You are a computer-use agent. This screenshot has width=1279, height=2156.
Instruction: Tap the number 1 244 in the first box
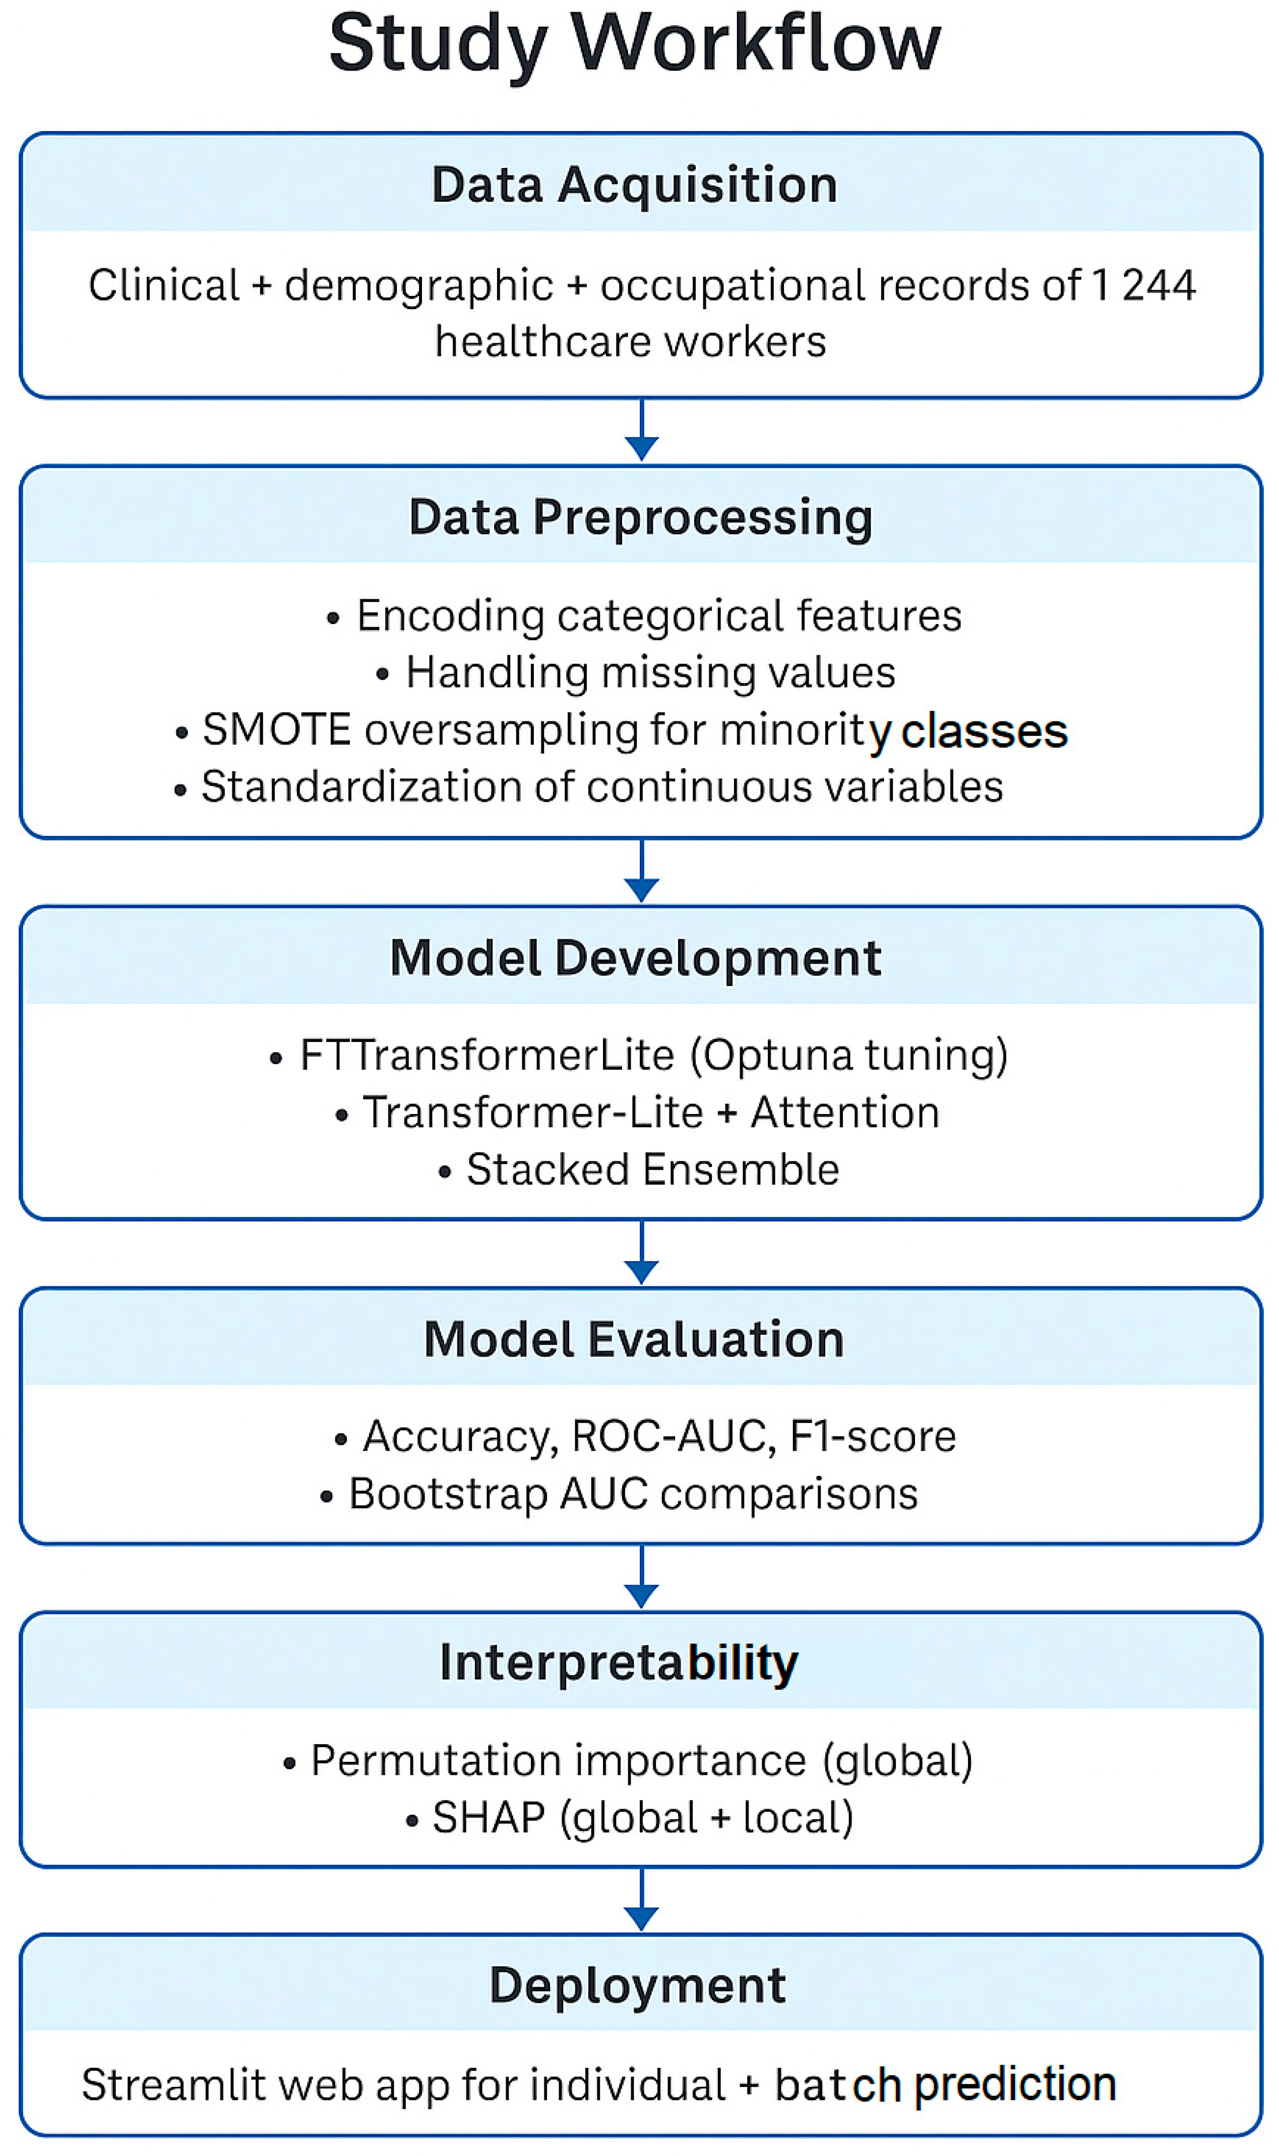tap(1144, 285)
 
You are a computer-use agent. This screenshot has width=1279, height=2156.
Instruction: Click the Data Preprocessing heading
tap(640, 518)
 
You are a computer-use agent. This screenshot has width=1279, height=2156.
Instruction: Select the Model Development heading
tap(635, 958)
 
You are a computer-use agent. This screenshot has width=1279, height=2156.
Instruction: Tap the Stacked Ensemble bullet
tap(639, 1170)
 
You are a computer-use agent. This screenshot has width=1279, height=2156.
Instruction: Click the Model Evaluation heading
tap(634, 1340)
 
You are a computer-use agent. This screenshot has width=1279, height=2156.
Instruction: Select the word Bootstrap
tap(448, 1494)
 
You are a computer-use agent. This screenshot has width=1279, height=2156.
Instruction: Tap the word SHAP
tap(489, 1818)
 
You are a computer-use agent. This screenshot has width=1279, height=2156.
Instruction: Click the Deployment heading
tap(637, 1986)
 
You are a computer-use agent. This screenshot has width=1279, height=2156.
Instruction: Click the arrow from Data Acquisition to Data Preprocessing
tap(641, 429)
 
